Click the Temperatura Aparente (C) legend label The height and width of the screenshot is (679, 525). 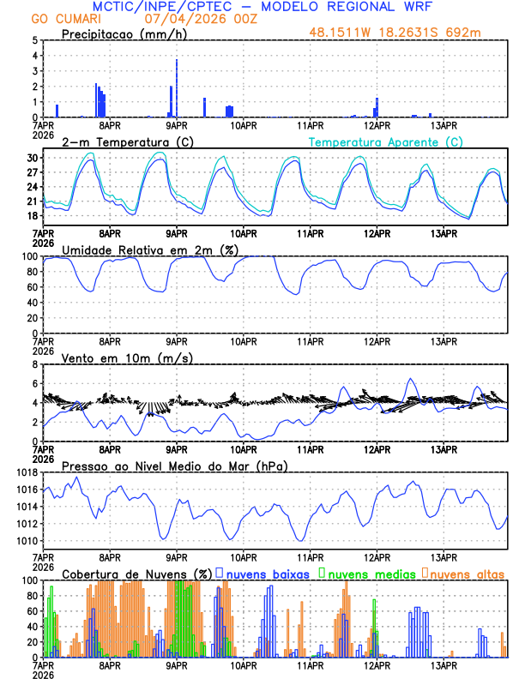point(386,141)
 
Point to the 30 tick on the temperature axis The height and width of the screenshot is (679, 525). point(31,159)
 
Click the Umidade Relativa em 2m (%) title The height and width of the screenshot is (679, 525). point(150,249)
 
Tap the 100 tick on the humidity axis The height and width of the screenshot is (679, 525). point(29,256)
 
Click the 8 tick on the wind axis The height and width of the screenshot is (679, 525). point(35,364)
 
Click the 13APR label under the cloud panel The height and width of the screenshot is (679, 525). point(444,664)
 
